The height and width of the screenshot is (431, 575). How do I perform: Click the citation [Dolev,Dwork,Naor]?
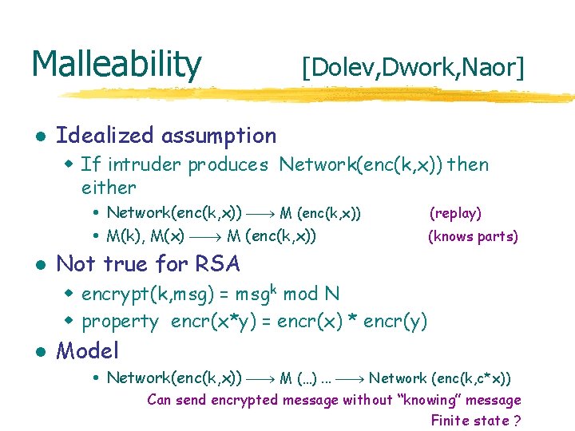[x=413, y=69]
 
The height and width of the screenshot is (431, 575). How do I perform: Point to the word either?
[x=109, y=188]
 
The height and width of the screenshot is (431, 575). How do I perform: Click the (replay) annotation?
[x=455, y=213]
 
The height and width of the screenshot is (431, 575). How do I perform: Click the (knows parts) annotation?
[x=473, y=236]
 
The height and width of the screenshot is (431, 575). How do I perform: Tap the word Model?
[x=88, y=350]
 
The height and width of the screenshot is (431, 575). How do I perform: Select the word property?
[x=121, y=321]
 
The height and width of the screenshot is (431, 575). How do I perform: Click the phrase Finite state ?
[x=476, y=421]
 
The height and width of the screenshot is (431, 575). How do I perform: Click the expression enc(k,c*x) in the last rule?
[x=471, y=378]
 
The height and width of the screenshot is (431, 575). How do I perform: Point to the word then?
[x=469, y=165]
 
